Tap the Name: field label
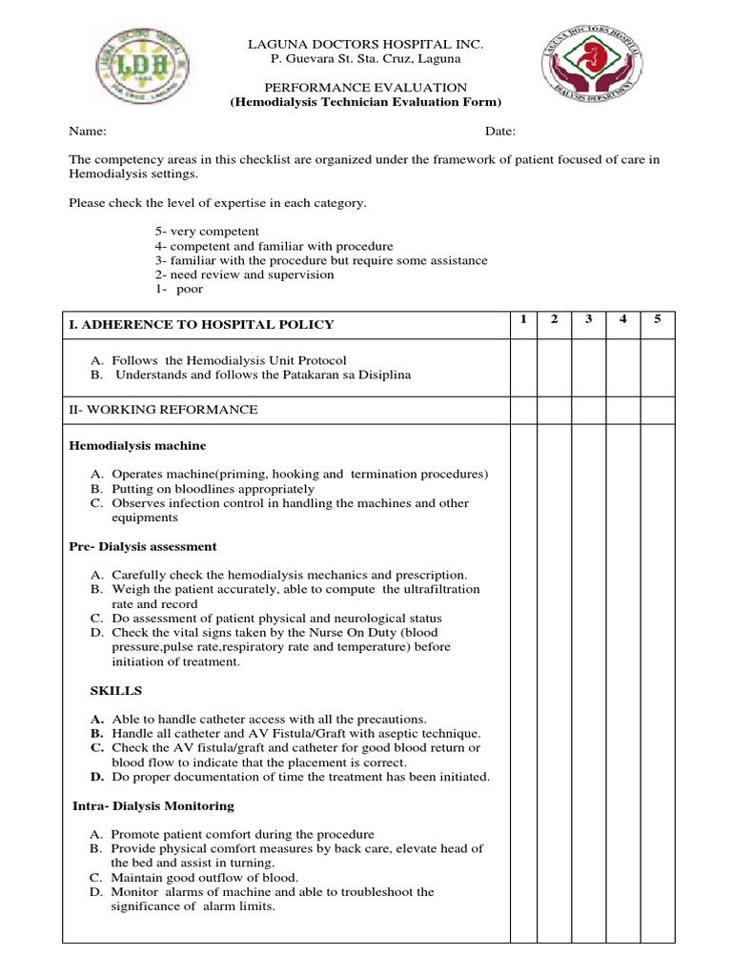tap(87, 132)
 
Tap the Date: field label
tap(500, 132)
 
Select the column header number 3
tap(589, 318)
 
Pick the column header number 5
tap(657, 318)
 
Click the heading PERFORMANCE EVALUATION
tap(367, 87)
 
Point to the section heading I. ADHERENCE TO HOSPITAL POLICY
tap(202, 324)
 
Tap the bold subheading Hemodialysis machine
tap(137, 445)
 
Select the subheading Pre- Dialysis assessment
tap(143, 546)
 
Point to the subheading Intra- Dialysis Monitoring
tap(153, 805)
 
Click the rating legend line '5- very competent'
tap(207, 232)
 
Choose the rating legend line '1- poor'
tap(179, 289)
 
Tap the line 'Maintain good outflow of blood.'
tap(205, 877)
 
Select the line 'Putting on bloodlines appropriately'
tap(213, 489)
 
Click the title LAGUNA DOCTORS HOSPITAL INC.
tap(367, 45)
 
